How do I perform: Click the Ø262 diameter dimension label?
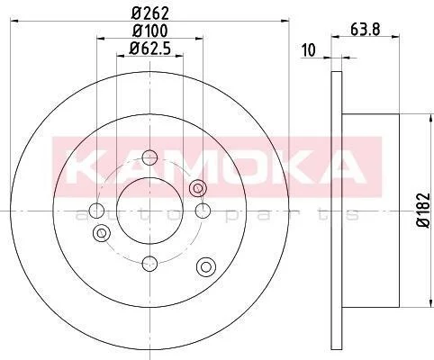coord(150,13)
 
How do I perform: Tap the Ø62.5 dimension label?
coord(149,49)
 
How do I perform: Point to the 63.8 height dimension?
coord(366,30)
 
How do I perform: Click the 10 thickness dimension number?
coord(309,50)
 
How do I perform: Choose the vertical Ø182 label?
coord(424,211)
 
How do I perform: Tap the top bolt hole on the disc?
coord(149,157)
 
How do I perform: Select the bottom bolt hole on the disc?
coord(149,264)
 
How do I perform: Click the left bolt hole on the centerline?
coord(97,211)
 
